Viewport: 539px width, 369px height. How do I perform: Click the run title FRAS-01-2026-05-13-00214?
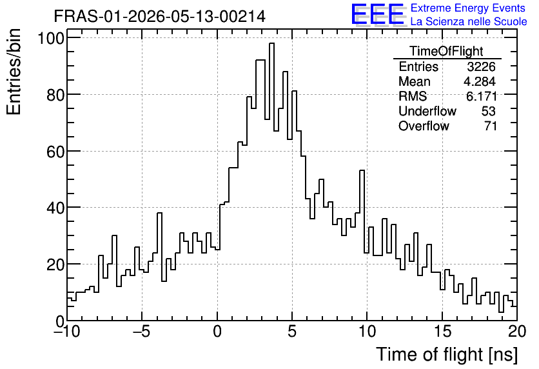point(160,16)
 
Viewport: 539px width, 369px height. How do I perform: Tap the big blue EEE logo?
point(378,14)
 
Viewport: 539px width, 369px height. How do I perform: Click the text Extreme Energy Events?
point(468,8)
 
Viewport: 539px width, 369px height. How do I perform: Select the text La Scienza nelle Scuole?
point(469,22)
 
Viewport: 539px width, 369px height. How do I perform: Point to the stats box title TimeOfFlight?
point(447,51)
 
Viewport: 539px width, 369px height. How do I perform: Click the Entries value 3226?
point(481,66)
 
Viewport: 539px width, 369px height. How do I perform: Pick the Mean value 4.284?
point(480,81)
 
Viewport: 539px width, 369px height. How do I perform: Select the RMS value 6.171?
point(481,96)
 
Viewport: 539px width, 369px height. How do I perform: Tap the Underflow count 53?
point(489,111)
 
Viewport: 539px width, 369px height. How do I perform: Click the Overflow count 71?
point(490,126)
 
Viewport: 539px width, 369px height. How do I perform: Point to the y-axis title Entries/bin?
point(14,72)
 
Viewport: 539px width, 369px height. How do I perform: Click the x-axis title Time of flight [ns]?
point(447,354)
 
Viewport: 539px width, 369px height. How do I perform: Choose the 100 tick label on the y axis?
point(51,38)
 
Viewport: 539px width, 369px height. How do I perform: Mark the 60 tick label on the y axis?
point(55,152)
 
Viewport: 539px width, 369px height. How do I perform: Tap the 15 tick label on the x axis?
point(442,332)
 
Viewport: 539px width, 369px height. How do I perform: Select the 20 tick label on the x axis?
point(517,332)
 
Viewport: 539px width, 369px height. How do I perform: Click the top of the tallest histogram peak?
point(271,43)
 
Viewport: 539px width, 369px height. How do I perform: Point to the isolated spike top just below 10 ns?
point(362,170)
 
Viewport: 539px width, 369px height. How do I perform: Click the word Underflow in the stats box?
point(427,111)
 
